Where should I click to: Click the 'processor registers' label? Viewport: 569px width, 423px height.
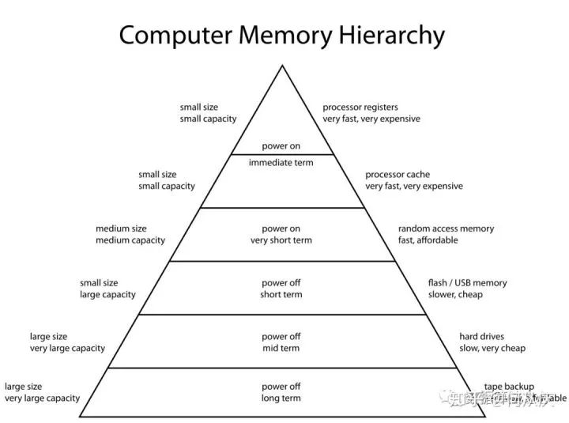[x=360, y=107]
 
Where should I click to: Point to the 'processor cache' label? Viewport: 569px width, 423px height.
[x=397, y=174]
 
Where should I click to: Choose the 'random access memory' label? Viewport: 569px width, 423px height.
[x=446, y=228]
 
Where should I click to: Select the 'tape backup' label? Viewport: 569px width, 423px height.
[x=508, y=387]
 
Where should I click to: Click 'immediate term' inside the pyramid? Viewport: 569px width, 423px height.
[x=281, y=162]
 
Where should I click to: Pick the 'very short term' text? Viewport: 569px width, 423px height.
[x=281, y=240]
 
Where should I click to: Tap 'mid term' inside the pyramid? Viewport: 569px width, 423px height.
[x=281, y=348]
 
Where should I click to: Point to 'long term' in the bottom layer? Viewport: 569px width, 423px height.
[x=281, y=398]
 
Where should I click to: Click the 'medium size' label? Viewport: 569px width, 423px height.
[x=122, y=228]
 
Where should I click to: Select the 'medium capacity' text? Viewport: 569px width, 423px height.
[x=130, y=240]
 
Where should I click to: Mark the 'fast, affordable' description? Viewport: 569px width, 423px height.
[x=428, y=240]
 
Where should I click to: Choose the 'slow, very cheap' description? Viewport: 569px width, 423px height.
[x=492, y=348]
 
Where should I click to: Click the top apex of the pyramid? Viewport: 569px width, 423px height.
[x=282, y=66]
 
